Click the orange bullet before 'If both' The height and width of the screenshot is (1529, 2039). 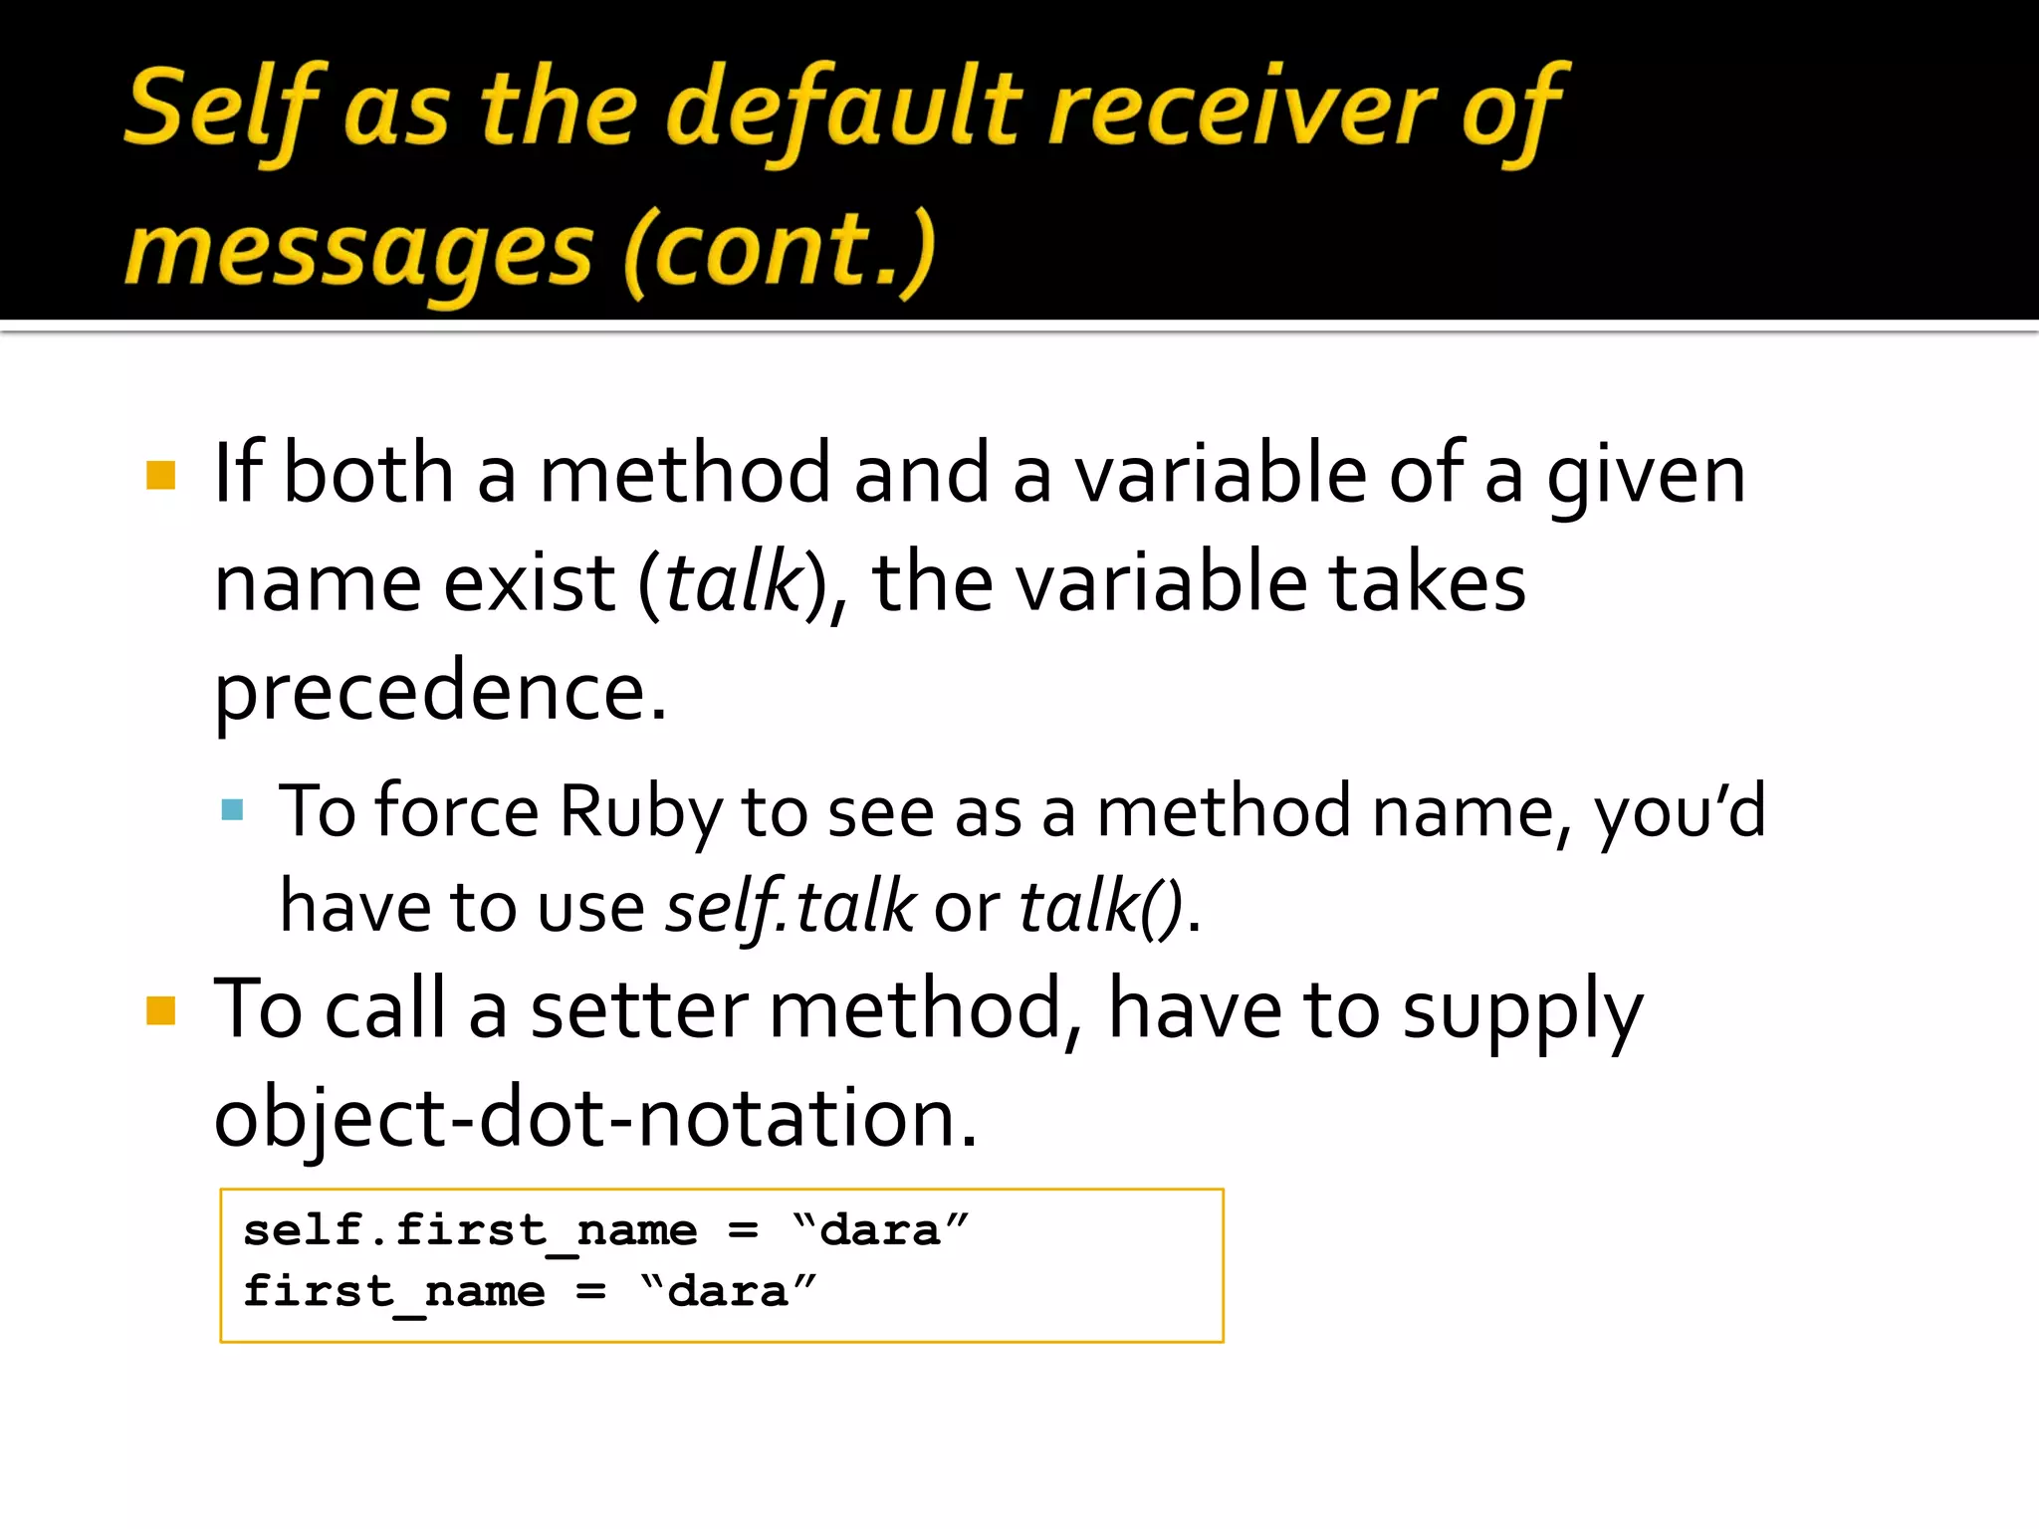(160, 475)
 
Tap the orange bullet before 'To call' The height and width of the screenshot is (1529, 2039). (160, 1010)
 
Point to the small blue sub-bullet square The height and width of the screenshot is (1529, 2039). (233, 809)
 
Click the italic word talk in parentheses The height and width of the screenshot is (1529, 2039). (734, 583)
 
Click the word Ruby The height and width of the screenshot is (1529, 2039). (639, 812)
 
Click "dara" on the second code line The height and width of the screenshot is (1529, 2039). (728, 1292)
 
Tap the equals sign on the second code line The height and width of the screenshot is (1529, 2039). (590, 1292)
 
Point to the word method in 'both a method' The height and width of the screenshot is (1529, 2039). (684, 475)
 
